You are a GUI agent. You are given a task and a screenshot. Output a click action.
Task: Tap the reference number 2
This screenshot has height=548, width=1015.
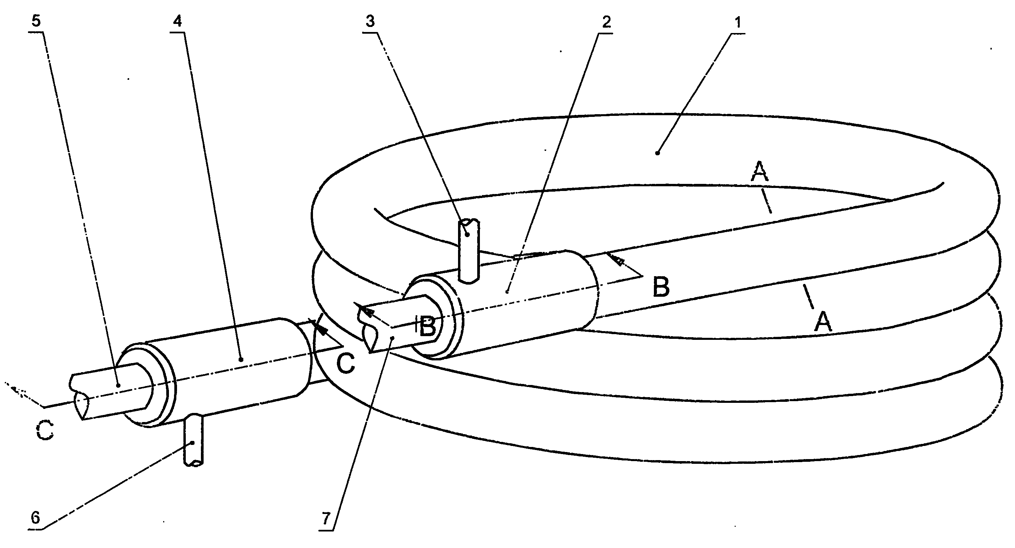tap(606, 22)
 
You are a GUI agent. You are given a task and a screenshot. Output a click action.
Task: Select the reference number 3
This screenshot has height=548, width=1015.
tap(370, 22)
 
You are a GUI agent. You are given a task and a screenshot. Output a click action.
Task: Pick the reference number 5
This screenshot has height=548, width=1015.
tap(36, 21)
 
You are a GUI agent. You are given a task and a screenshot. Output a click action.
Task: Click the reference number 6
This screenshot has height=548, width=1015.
tap(35, 518)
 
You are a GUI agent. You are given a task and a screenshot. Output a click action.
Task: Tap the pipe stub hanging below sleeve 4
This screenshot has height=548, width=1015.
tap(193, 440)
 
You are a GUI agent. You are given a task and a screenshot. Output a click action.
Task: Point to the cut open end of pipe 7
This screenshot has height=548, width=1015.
tap(370, 335)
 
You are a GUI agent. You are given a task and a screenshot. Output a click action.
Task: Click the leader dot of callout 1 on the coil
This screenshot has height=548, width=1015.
tap(657, 153)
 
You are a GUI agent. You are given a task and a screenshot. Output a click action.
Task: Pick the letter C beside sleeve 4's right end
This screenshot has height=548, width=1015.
tap(346, 363)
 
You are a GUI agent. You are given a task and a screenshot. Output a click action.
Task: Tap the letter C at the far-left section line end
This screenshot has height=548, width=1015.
tap(45, 429)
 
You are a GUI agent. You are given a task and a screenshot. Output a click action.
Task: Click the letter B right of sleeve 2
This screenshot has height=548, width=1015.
tap(661, 287)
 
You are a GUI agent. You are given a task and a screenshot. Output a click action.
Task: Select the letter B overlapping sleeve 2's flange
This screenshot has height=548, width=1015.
tap(427, 326)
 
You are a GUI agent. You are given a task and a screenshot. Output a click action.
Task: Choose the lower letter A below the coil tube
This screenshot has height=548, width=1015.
tap(823, 322)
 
